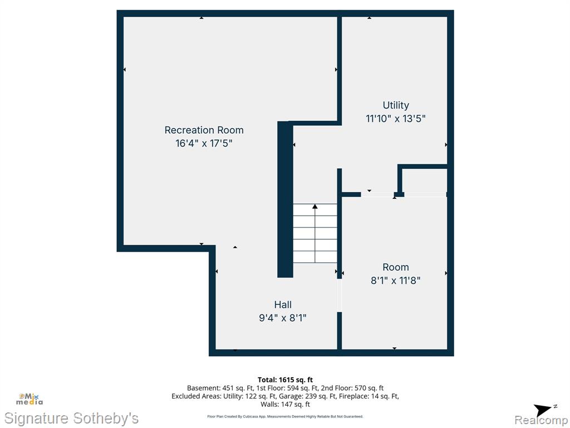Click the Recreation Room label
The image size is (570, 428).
(x=204, y=130)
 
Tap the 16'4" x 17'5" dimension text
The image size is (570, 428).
(x=204, y=143)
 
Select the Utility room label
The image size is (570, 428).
(x=396, y=105)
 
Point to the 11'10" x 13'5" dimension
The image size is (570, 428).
(x=396, y=118)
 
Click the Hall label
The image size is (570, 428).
(x=283, y=305)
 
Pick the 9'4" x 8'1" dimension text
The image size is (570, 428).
(x=282, y=318)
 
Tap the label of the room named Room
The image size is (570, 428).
(x=396, y=267)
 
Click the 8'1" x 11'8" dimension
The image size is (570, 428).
(x=396, y=280)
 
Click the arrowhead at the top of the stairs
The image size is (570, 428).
(x=315, y=206)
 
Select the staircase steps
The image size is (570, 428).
(x=315, y=234)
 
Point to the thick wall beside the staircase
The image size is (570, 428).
(x=285, y=200)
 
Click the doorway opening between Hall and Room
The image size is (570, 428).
(x=340, y=295)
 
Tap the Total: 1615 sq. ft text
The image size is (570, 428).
(x=285, y=380)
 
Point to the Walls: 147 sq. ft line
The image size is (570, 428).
(x=285, y=404)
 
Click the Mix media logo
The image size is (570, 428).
(x=29, y=399)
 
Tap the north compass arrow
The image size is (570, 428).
(x=543, y=410)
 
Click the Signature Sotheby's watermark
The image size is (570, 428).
(x=71, y=418)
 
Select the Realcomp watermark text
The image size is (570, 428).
(x=540, y=420)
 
